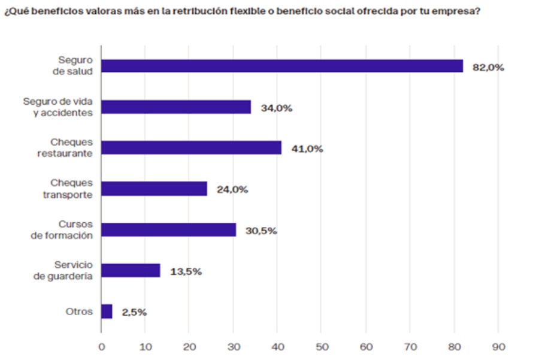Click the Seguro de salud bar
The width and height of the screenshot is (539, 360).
[x=281, y=66]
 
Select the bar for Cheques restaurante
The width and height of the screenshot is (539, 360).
[x=191, y=147]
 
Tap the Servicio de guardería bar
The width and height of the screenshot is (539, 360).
[x=131, y=270]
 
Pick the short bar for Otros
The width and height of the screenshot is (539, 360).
[x=107, y=311]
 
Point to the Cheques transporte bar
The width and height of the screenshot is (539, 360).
[x=154, y=189]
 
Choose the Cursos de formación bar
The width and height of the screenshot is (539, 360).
[x=168, y=229]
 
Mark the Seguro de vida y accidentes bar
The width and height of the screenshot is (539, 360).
[x=176, y=107]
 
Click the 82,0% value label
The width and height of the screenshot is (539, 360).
[x=488, y=68]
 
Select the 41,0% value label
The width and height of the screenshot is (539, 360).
[x=307, y=149]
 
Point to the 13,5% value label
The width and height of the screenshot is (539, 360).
[x=186, y=271]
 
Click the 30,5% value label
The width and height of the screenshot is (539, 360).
[x=261, y=231]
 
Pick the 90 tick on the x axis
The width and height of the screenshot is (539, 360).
[x=498, y=347]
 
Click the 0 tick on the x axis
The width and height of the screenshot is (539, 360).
[x=101, y=347]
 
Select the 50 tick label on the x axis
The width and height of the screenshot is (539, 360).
[x=321, y=347]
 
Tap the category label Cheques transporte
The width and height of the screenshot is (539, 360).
[x=71, y=189]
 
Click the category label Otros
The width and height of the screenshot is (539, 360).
[x=79, y=311]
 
